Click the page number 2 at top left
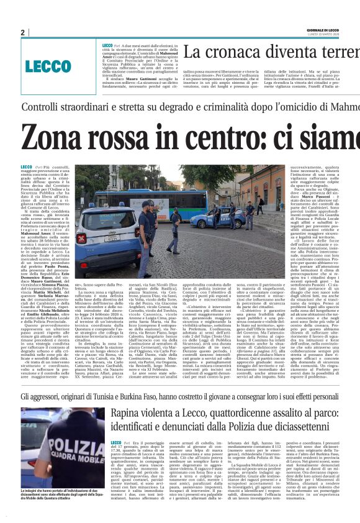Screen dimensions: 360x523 22,32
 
